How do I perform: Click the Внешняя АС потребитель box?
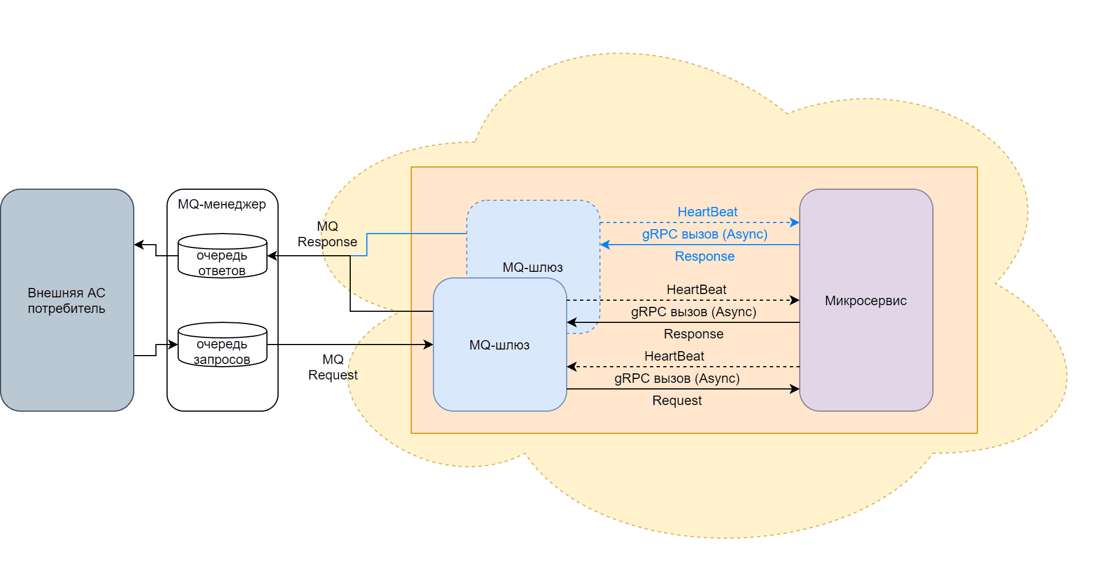click(x=67, y=300)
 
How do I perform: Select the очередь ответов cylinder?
click(x=222, y=256)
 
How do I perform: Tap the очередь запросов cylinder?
click(x=222, y=345)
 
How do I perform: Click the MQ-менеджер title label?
click(x=222, y=204)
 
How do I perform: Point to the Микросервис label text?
click(x=865, y=301)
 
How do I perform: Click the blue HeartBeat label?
click(x=707, y=212)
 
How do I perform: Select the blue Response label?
click(x=704, y=256)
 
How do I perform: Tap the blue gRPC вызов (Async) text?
click(x=704, y=234)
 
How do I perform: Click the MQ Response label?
click(x=327, y=234)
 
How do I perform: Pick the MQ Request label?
click(x=333, y=367)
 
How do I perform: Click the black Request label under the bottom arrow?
click(x=677, y=401)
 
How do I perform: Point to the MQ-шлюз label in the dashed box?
click(x=532, y=267)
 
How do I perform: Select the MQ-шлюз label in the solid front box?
click(x=499, y=345)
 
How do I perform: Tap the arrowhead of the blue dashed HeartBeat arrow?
click(x=795, y=222)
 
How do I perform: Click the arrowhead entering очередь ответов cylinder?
click(x=271, y=256)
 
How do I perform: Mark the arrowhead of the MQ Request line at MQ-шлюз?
click(x=429, y=345)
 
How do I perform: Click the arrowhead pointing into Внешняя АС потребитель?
click(x=138, y=245)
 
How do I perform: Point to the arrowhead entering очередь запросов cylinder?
click(x=174, y=345)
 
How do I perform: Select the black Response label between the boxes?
click(x=693, y=334)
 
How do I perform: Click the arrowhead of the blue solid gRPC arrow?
click(x=604, y=245)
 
